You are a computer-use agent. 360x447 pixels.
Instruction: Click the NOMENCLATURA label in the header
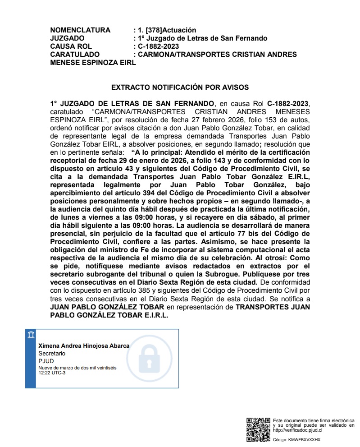click(80, 30)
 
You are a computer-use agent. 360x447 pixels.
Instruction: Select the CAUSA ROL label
click(71, 46)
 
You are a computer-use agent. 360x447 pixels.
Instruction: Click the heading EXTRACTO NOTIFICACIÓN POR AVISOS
click(180, 87)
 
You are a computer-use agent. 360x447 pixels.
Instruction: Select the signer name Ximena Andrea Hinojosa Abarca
click(84, 346)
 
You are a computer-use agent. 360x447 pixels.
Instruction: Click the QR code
click(258, 429)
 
